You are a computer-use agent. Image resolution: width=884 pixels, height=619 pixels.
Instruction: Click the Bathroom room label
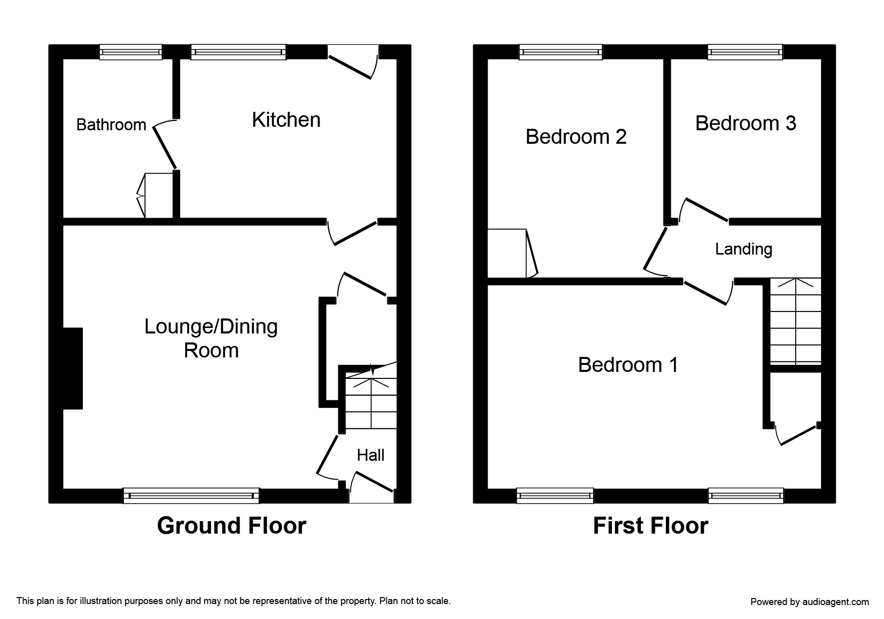click(111, 124)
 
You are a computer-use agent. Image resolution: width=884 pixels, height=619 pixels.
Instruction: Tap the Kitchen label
click(286, 120)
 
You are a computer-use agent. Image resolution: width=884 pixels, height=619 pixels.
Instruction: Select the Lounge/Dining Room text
click(211, 338)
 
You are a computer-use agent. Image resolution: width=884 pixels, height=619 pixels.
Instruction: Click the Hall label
click(370, 455)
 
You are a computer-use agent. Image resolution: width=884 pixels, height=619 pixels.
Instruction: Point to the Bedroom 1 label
click(628, 365)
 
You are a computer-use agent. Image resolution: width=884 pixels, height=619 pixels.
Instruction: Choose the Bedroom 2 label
click(576, 137)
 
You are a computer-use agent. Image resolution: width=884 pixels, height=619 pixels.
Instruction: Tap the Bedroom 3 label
click(746, 123)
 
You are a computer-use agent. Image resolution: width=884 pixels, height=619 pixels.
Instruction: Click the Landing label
click(744, 249)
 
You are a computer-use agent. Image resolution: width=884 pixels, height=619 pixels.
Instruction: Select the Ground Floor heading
click(232, 526)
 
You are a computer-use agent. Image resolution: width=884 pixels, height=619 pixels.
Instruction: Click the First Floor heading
click(650, 526)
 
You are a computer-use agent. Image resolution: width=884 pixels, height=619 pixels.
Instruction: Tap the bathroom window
click(131, 52)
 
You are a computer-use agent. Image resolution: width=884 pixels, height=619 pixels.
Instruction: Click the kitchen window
click(239, 52)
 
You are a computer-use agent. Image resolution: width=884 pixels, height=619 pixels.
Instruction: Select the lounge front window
click(191, 495)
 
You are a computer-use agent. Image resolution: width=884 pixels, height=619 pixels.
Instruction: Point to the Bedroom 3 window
click(745, 52)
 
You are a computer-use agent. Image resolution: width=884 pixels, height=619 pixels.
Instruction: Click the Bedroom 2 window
click(561, 52)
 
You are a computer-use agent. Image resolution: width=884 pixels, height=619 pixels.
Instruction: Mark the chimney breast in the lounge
click(73, 368)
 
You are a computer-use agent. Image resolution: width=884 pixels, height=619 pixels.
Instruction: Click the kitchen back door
click(353, 62)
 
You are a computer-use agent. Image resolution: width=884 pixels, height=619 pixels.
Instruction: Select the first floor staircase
click(796, 320)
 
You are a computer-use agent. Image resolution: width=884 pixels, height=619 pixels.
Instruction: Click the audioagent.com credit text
click(810, 602)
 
